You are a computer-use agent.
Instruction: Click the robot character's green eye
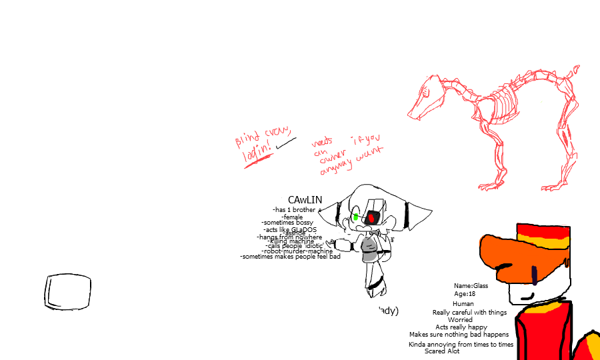tap(356, 217)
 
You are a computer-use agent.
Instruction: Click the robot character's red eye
tap(371, 218)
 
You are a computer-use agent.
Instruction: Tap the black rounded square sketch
tap(67, 292)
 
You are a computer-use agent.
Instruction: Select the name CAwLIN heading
tap(305, 200)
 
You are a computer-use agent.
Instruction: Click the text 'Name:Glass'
tap(471, 286)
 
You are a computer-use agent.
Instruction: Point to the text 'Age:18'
tap(465, 294)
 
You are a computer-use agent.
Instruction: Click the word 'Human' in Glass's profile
tap(463, 304)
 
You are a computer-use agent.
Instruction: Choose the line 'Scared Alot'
tap(442, 351)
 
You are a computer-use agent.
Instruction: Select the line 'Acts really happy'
tap(461, 327)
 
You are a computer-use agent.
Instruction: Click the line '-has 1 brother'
tap(294, 210)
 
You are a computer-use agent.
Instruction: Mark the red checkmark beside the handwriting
tap(285, 142)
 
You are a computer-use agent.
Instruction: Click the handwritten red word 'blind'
tap(247, 140)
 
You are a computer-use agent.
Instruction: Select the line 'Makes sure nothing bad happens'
tap(459, 335)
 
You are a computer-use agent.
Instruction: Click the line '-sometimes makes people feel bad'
tap(290, 257)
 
